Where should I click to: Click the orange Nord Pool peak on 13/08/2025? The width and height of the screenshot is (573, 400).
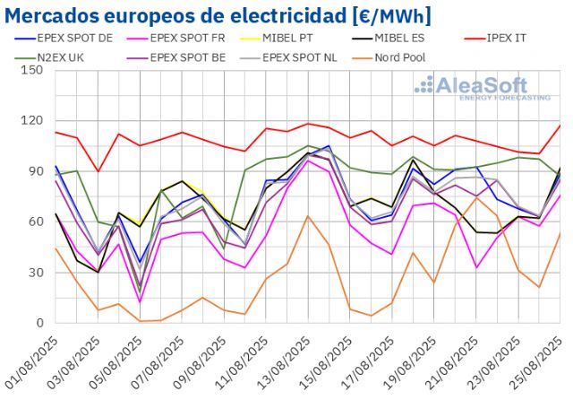coord(308,216)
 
